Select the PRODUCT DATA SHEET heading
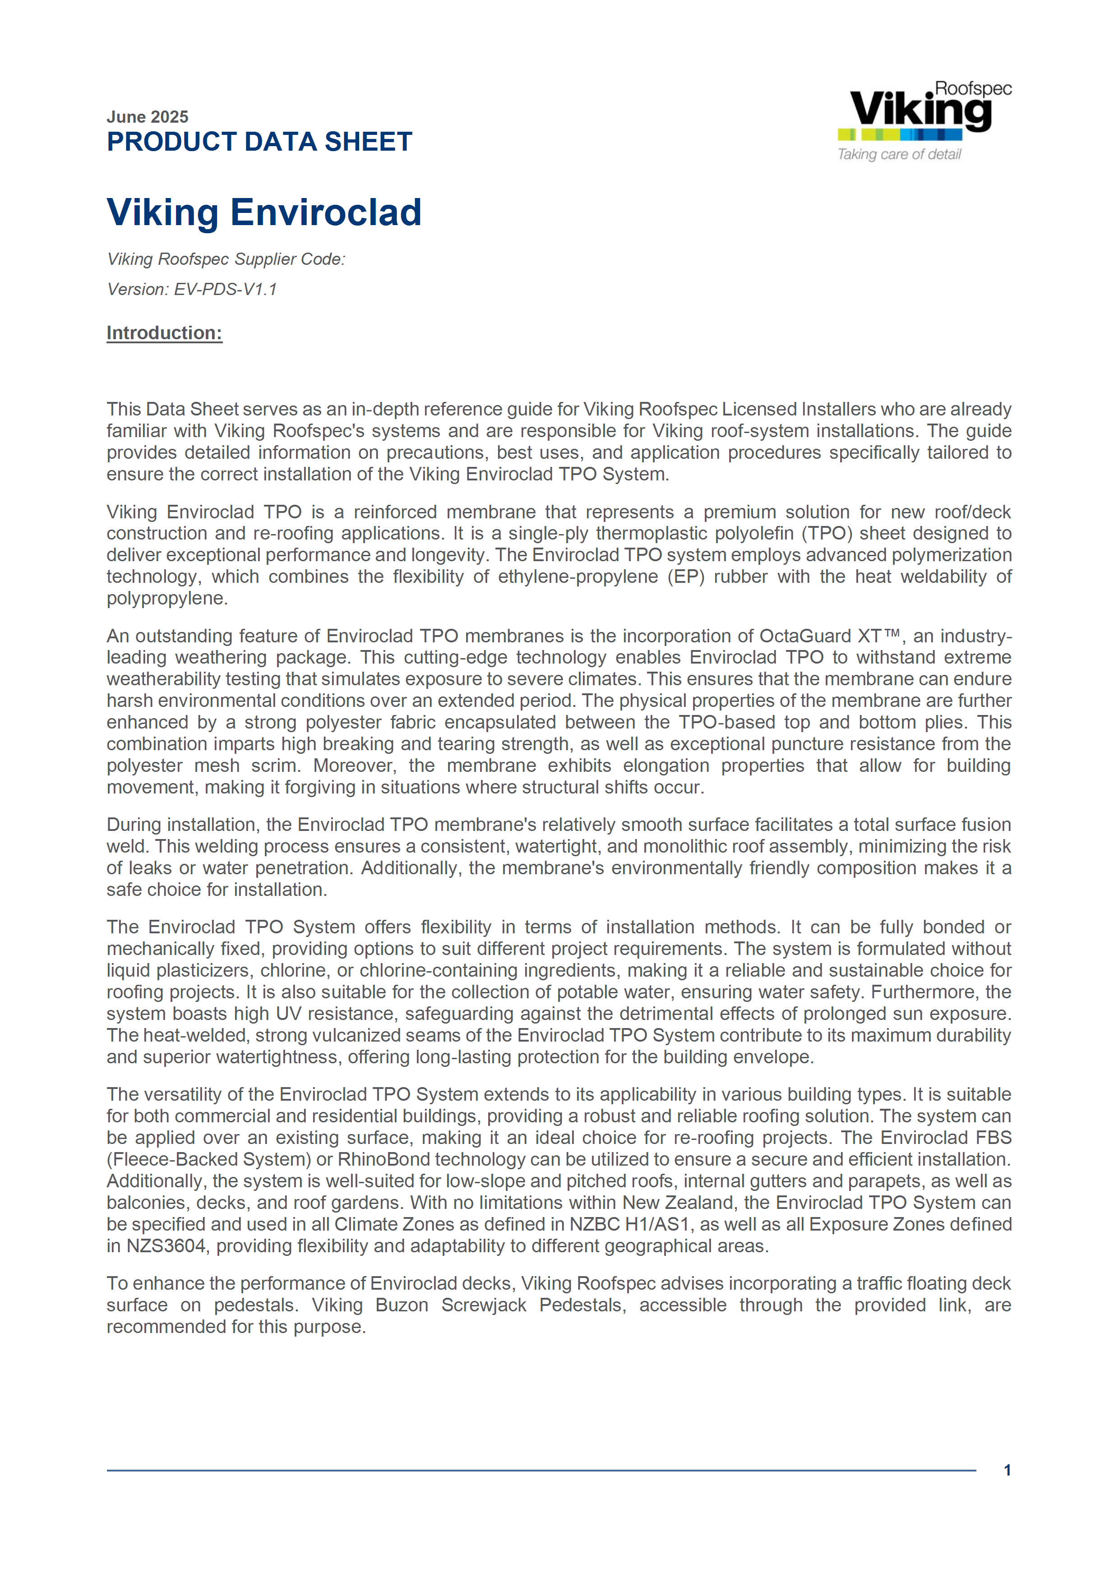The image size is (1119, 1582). (259, 142)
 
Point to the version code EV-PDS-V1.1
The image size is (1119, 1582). (225, 290)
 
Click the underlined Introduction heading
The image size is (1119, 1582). (164, 333)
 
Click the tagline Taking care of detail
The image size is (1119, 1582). (899, 154)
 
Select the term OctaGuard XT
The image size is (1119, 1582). (820, 636)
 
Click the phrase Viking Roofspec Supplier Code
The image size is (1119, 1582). (225, 259)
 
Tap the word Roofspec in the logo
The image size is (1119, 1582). (973, 88)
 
